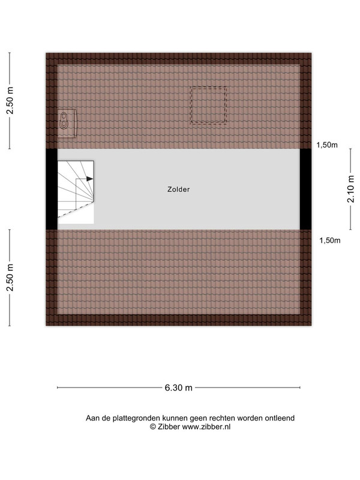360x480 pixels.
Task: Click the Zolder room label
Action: pos(178,190)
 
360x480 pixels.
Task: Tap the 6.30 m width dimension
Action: pos(178,388)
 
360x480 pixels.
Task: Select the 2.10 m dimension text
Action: pos(351,189)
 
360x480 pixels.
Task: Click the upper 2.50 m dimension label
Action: pos(10,101)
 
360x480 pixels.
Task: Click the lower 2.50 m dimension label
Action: pos(10,277)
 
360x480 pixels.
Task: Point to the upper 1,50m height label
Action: pos(327,145)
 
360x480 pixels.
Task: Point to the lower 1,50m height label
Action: pos(329,241)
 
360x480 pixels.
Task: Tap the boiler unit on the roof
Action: pos(67,124)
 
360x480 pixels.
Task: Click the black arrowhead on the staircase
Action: pos(89,179)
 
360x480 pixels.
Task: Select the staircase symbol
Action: pos(76,192)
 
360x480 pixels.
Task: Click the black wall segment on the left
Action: pos(52,189)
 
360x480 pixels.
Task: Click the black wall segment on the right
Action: pos(305,189)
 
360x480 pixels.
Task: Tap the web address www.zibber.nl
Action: pos(206,427)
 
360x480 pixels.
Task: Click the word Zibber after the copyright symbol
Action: pos(169,427)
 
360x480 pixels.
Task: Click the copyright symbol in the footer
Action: pos(153,427)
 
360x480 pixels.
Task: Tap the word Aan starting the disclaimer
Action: pos(92,418)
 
